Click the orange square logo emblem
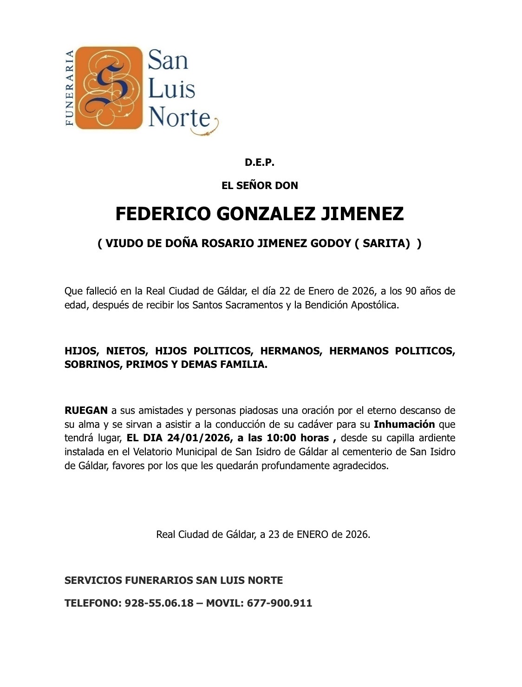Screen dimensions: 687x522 108,87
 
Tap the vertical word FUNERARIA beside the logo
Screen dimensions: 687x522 70,87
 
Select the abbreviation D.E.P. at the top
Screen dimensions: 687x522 260,163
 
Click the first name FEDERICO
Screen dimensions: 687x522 163,214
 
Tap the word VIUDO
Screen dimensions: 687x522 122,244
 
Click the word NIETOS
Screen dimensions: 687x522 127,351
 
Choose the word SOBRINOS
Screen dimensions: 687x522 91,365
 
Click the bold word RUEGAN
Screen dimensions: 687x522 86,411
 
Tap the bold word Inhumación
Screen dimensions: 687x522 404,424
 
